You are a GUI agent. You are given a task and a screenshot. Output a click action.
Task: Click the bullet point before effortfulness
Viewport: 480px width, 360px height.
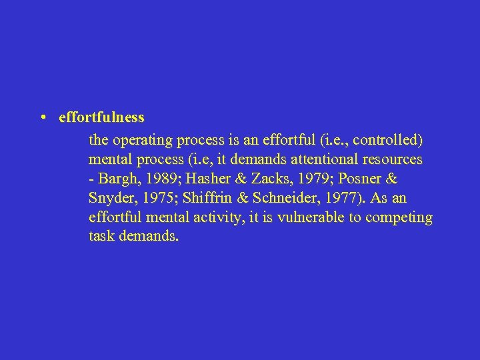coord(42,117)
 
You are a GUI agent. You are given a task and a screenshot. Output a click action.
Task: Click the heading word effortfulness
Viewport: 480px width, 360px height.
coord(101,117)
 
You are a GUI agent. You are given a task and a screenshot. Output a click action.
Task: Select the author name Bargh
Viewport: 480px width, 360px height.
coord(115,179)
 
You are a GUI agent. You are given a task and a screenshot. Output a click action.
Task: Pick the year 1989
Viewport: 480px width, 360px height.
coord(152,179)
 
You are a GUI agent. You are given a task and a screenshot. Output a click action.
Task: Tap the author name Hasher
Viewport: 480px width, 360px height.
coord(195,179)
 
